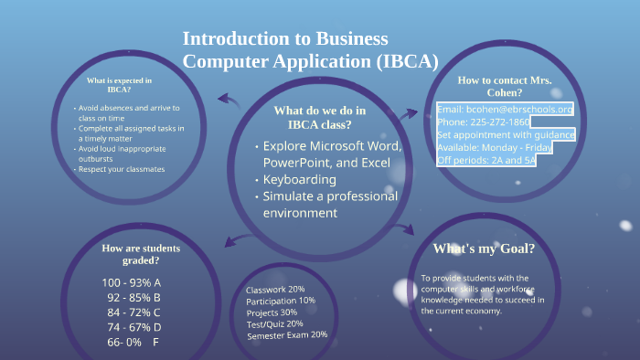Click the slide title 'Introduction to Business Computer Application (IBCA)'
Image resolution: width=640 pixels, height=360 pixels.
[310, 50]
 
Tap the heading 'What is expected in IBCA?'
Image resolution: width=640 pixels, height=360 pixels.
[119, 85]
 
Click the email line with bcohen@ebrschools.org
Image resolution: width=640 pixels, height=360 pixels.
[505, 110]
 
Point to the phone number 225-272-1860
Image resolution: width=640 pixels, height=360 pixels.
[483, 122]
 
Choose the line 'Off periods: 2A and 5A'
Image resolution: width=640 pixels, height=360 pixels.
[485, 160]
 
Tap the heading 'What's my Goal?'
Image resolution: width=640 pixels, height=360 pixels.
[483, 249]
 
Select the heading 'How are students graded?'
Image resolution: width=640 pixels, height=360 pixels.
[141, 254]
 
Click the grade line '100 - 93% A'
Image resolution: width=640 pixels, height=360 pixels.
[132, 282]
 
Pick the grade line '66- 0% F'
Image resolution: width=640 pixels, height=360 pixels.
[133, 342]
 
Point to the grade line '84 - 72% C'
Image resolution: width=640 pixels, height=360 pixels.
[133, 312]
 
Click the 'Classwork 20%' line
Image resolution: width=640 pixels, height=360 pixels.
[274, 290]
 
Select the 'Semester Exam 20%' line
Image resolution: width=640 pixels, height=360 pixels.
[287, 334]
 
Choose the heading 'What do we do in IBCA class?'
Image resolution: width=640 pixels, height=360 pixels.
[319, 118]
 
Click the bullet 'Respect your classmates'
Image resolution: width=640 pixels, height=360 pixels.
[122, 169]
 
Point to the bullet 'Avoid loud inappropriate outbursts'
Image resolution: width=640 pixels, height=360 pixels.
[123, 154]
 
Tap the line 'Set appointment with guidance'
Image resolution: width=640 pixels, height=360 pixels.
[506, 135]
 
